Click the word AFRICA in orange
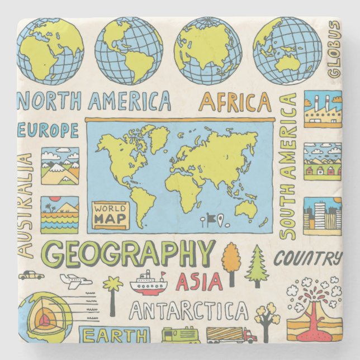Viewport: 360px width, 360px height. [235, 102]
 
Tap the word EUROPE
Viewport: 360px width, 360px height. [48, 131]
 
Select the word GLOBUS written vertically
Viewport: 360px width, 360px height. [334, 49]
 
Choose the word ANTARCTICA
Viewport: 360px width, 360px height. [188, 311]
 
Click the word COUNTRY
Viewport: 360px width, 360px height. [307, 259]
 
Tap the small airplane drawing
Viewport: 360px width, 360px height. [75, 281]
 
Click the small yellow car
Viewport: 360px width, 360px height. [31, 275]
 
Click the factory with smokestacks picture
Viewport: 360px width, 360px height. [323, 109]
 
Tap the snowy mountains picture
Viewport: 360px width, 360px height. [60, 166]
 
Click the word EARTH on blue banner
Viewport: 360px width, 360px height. [113, 335]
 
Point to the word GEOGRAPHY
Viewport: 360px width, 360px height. [129, 255]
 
